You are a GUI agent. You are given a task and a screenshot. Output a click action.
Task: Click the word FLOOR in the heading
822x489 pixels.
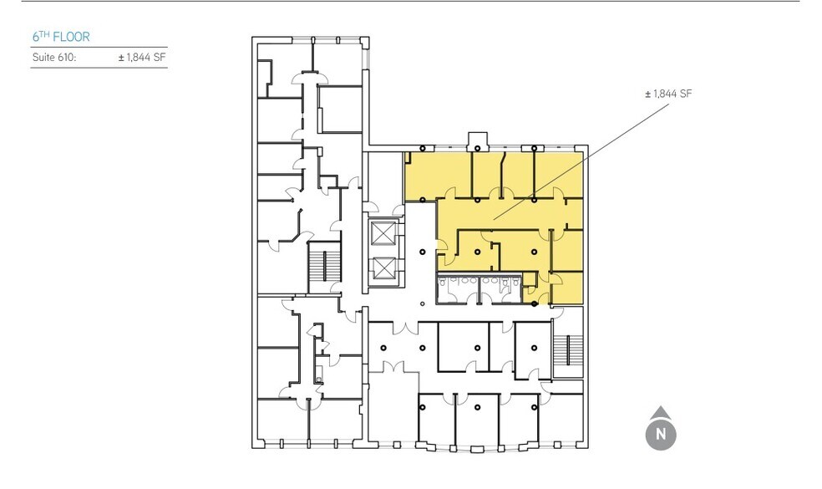coord(73,38)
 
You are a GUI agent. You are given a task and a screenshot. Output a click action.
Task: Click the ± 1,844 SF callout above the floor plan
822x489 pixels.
coord(668,94)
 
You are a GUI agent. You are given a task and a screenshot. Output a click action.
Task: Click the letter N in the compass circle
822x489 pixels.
coord(661,435)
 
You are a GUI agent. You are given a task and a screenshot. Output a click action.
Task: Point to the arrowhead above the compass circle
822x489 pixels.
coord(661,411)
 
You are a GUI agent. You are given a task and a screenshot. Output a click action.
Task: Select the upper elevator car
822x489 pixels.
coord(384,233)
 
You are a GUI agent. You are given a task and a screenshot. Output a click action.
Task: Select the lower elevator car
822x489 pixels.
coord(384,268)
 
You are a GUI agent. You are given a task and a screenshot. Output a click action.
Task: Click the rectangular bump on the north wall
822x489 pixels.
coord(479,140)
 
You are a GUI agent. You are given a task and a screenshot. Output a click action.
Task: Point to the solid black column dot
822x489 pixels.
coord(535,303)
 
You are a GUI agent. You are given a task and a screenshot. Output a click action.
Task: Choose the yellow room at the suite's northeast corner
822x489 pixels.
coord(558,176)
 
